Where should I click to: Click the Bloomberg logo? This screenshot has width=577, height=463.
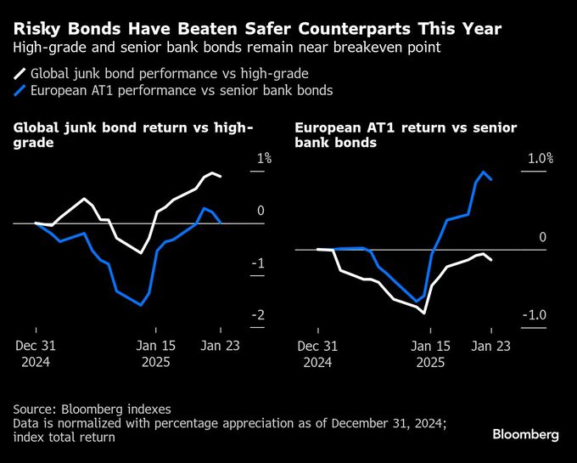(525, 435)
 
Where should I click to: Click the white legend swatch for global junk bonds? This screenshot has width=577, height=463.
(20, 74)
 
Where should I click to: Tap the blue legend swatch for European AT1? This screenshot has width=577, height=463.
(20, 90)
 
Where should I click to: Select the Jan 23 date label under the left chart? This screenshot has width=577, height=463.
(220, 346)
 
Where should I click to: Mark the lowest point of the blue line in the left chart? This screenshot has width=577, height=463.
(141, 305)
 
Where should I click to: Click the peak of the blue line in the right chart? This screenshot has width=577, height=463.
(483, 172)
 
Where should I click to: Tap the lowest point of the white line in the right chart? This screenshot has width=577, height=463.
(424, 313)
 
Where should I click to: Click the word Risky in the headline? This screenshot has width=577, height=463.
(36, 30)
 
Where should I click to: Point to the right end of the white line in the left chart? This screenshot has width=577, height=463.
(221, 176)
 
